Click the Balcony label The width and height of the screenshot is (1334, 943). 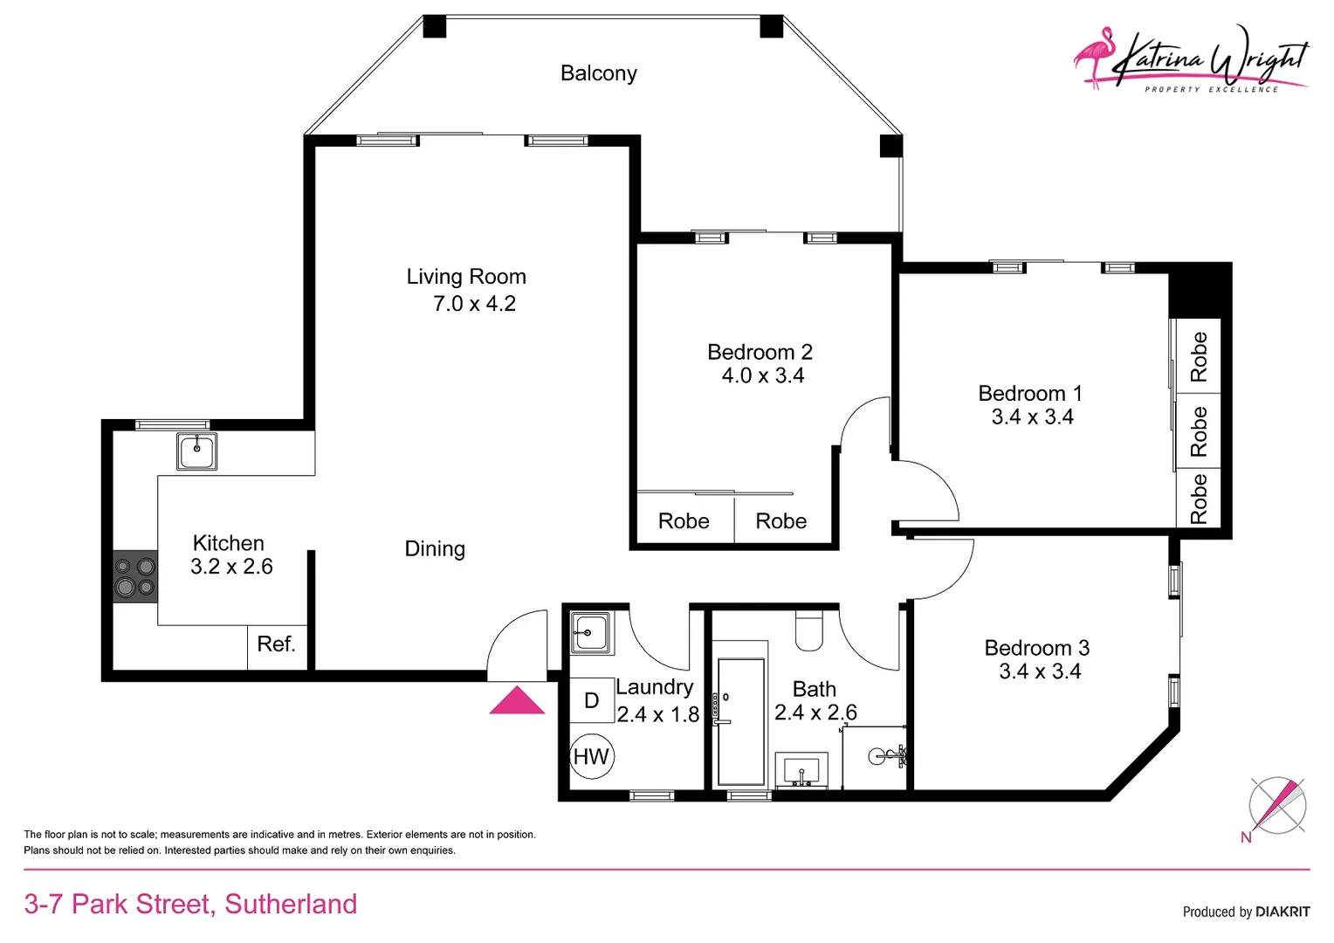click(x=599, y=73)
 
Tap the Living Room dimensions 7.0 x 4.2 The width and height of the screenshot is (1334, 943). click(x=474, y=304)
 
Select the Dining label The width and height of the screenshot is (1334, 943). click(x=435, y=549)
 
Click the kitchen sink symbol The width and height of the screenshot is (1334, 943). click(x=196, y=451)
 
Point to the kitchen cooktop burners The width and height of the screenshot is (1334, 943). click(x=135, y=577)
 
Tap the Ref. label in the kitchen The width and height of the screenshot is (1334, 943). click(x=276, y=644)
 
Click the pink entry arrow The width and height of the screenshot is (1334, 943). click(x=517, y=700)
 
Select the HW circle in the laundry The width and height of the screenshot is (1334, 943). click(x=591, y=757)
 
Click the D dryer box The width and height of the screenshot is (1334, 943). click(x=591, y=700)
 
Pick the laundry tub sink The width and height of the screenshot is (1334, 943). click(x=591, y=631)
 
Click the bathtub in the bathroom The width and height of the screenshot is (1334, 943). click(x=740, y=721)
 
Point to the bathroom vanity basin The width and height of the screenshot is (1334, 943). click(x=801, y=771)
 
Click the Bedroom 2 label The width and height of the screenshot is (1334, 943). click(x=760, y=353)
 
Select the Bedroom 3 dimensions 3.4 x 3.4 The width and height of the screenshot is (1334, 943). click(x=1040, y=671)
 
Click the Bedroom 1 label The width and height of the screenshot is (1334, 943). click(x=1030, y=394)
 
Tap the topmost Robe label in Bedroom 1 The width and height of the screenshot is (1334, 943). click(x=1199, y=356)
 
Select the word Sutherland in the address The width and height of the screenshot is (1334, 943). click(x=291, y=904)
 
